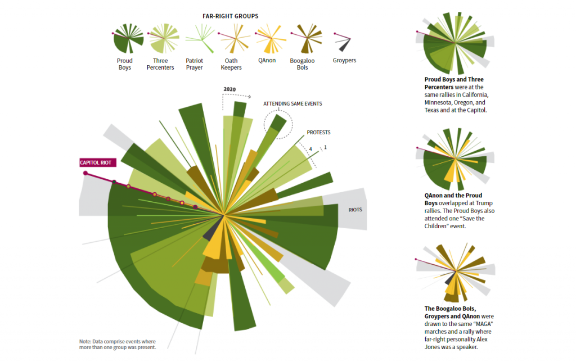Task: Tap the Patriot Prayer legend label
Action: (194, 64)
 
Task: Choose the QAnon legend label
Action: (267, 61)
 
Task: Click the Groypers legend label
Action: (344, 61)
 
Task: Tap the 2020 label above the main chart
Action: (229, 89)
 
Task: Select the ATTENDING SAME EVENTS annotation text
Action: (292, 104)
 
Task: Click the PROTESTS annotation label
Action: (318, 133)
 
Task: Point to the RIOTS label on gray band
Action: (355, 210)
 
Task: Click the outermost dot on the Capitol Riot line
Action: (85, 173)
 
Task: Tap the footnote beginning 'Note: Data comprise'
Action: (117, 345)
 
